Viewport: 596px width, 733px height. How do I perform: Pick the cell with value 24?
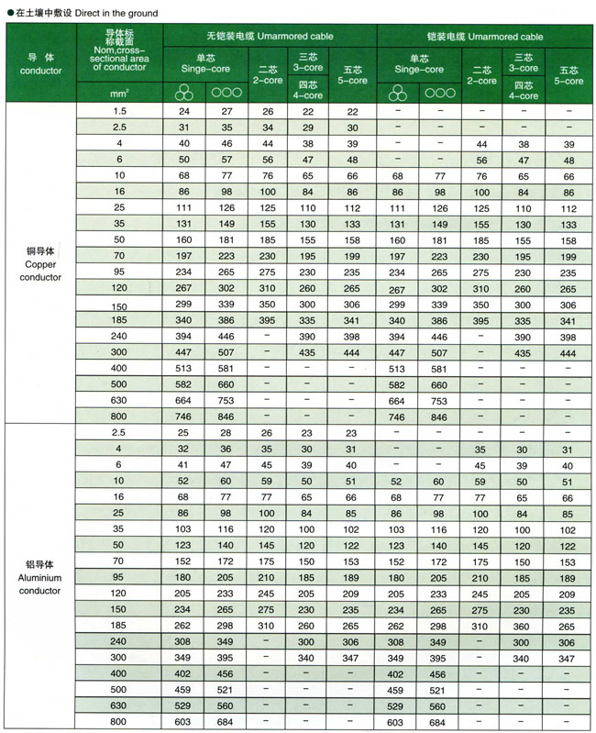click(183, 111)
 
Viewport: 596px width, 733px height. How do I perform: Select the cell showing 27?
click(226, 111)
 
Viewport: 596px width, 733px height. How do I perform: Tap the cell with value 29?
click(306, 127)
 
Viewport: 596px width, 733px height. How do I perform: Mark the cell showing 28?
click(226, 431)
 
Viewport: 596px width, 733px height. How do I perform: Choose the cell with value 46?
click(226, 143)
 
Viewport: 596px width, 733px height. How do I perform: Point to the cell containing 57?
click(226, 159)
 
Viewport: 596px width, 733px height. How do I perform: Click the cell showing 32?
click(183, 448)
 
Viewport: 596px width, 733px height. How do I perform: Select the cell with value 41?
click(183, 464)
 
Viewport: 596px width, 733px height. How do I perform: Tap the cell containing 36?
click(226, 448)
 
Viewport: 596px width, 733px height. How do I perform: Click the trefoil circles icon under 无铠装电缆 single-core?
click(183, 93)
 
